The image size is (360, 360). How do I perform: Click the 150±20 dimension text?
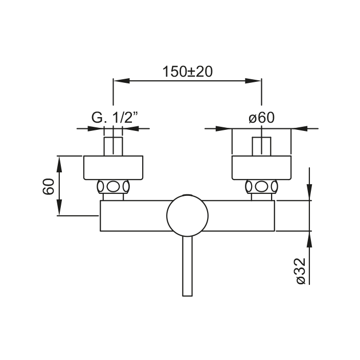187,72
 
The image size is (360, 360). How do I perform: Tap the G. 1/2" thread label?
115,118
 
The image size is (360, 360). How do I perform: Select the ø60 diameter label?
261,118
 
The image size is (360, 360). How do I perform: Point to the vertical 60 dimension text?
49,187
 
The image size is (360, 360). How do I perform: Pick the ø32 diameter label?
301,271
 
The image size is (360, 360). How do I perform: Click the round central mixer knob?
187,216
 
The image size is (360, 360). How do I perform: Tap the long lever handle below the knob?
187,266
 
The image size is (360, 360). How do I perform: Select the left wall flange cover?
113,168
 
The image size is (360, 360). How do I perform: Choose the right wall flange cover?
261,168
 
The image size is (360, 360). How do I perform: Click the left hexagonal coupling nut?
113,187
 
